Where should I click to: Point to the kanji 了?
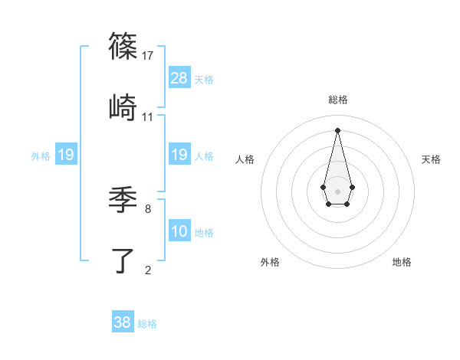point(123,260)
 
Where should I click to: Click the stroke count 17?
point(148,55)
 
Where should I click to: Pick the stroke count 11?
point(148,116)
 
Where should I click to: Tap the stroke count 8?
point(147,208)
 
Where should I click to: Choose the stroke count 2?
point(147,270)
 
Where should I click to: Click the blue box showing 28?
point(179,78)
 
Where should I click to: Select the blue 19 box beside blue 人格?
point(179,155)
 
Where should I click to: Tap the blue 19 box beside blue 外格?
point(66,155)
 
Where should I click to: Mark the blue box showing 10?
point(179,231)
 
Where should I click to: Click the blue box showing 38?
point(123,322)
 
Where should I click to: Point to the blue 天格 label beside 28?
point(204,80)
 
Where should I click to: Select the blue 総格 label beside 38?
point(147,324)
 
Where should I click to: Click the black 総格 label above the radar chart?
point(337,100)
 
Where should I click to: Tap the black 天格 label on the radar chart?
point(432,159)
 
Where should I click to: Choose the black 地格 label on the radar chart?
point(402,262)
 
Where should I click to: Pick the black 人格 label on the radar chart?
point(245,159)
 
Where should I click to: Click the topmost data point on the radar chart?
point(337,129)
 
